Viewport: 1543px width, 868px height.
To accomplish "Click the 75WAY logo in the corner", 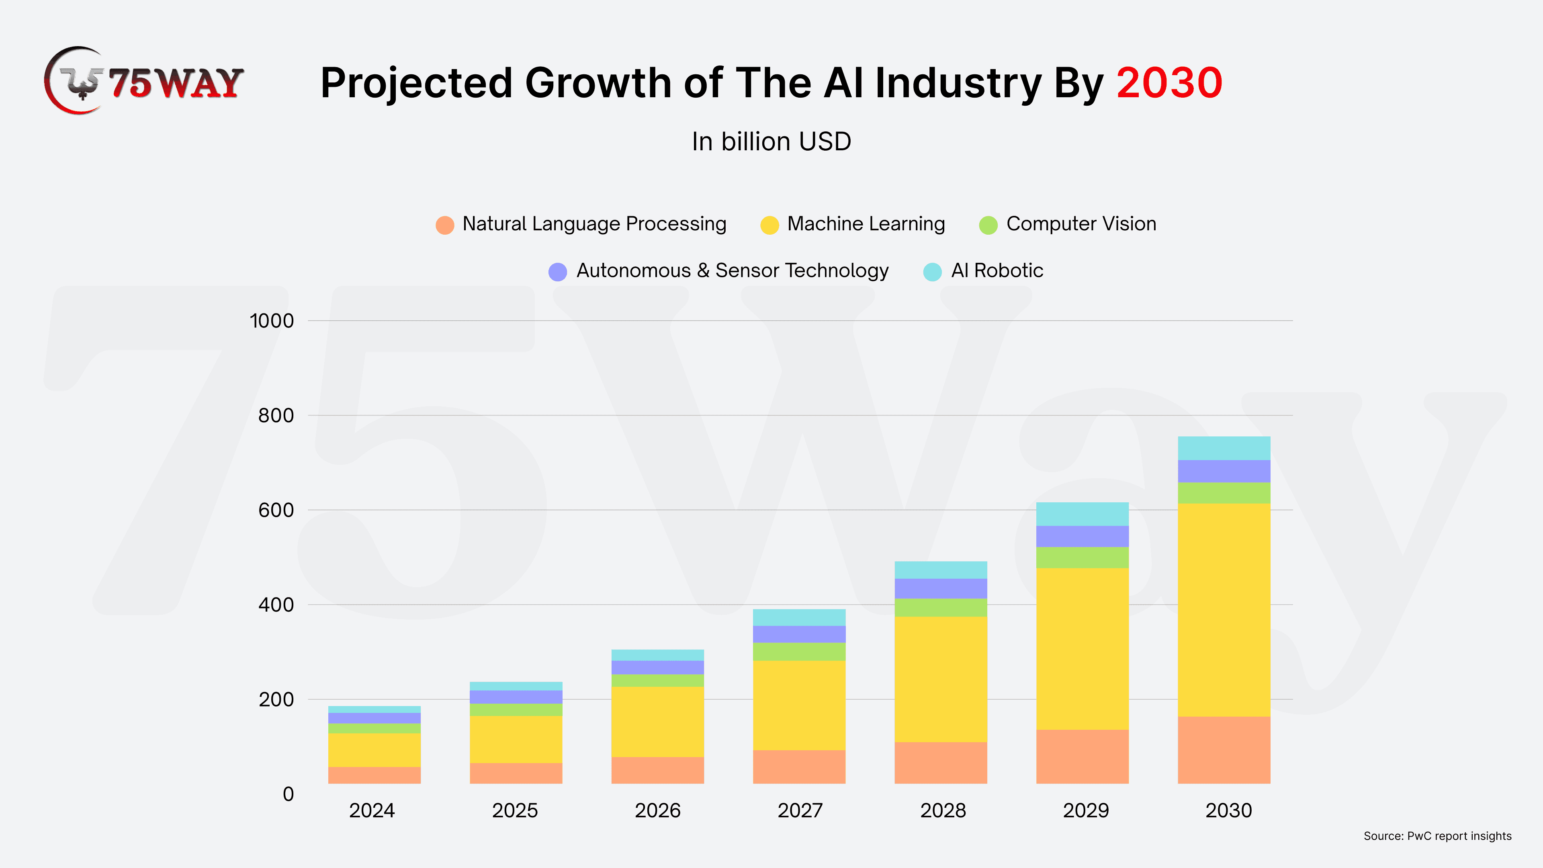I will tap(144, 82).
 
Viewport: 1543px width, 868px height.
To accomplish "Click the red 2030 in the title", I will tap(1169, 83).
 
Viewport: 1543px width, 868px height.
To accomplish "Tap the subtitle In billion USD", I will tap(771, 142).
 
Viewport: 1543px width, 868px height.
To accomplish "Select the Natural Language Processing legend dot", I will tap(444, 225).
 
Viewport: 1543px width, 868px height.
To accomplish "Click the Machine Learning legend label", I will tap(866, 224).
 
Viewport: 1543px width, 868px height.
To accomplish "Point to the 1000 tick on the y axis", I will tap(272, 321).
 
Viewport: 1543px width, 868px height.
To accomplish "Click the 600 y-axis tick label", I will tap(276, 510).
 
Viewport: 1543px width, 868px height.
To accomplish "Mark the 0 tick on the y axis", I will tap(288, 794).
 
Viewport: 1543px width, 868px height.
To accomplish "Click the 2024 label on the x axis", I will tap(372, 811).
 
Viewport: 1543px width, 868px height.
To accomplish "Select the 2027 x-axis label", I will tap(800, 811).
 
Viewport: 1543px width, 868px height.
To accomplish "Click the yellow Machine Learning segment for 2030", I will tap(1224, 610).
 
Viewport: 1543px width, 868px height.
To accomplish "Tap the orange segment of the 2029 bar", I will tap(1083, 756).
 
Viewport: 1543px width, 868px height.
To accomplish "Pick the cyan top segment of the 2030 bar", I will tap(1224, 448).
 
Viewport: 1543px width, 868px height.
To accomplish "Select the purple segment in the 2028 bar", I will tap(940, 588).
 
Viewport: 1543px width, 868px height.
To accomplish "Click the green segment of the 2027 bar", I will tap(799, 652).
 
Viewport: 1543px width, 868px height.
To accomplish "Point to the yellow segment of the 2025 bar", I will tap(516, 739).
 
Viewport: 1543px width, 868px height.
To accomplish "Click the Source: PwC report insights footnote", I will tap(1437, 836).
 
